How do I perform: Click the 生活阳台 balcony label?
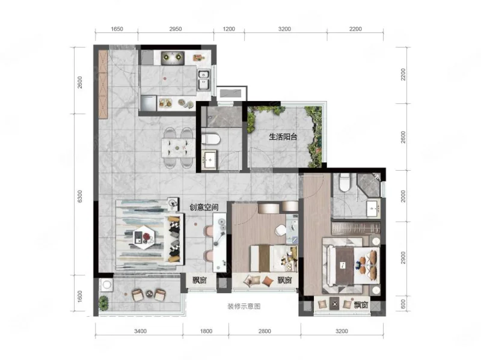point(283,137)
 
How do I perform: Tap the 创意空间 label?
point(204,207)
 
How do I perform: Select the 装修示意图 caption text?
point(244,307)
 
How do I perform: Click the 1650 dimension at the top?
point(117,29)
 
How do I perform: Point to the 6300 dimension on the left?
point(80,197)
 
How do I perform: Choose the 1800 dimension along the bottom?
point(206,331)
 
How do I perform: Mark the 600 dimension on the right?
point(403,304)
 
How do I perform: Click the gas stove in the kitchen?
point(173,58)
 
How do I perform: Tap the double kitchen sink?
point(204,79)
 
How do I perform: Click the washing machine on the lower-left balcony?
point(106,285)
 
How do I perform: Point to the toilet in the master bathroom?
point(345,182)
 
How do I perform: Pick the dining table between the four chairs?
point(178,148)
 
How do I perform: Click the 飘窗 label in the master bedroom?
point(361,305)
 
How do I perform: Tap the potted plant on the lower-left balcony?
point(103,303)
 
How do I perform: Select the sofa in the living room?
point(175,238)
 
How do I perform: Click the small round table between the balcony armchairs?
point(149,294)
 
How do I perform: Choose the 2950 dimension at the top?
point(176,29)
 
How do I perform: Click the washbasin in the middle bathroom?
point(209,159)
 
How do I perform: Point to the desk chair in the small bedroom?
point(281,230)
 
